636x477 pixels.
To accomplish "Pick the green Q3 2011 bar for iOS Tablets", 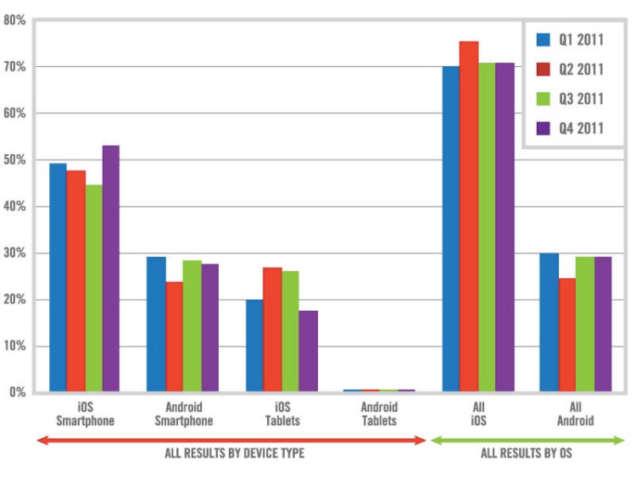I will pyautogui.click(x=289, y=331).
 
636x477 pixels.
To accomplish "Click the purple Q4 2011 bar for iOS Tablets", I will pyautogui.click(x=308, y=351).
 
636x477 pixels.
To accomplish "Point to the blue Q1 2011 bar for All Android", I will pyautogui.click(x=549, y=323).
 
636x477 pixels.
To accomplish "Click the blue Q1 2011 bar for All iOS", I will pyautogui.click(x=450, y=229).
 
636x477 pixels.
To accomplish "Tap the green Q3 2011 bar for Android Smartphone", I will pyautogui.click(x=192, y=326).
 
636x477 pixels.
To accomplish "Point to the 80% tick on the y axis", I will pyautogui.click(x=17, y=19).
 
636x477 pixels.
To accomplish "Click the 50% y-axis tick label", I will pyautogui.click(x=17, y=160).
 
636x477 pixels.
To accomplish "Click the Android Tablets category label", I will pyautogui.click(x=379, y=413).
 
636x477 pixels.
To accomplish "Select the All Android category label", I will pyautogui.click(x=576, y=413).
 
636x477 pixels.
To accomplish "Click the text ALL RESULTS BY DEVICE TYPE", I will pyautogui.click(x=234, y=453).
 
